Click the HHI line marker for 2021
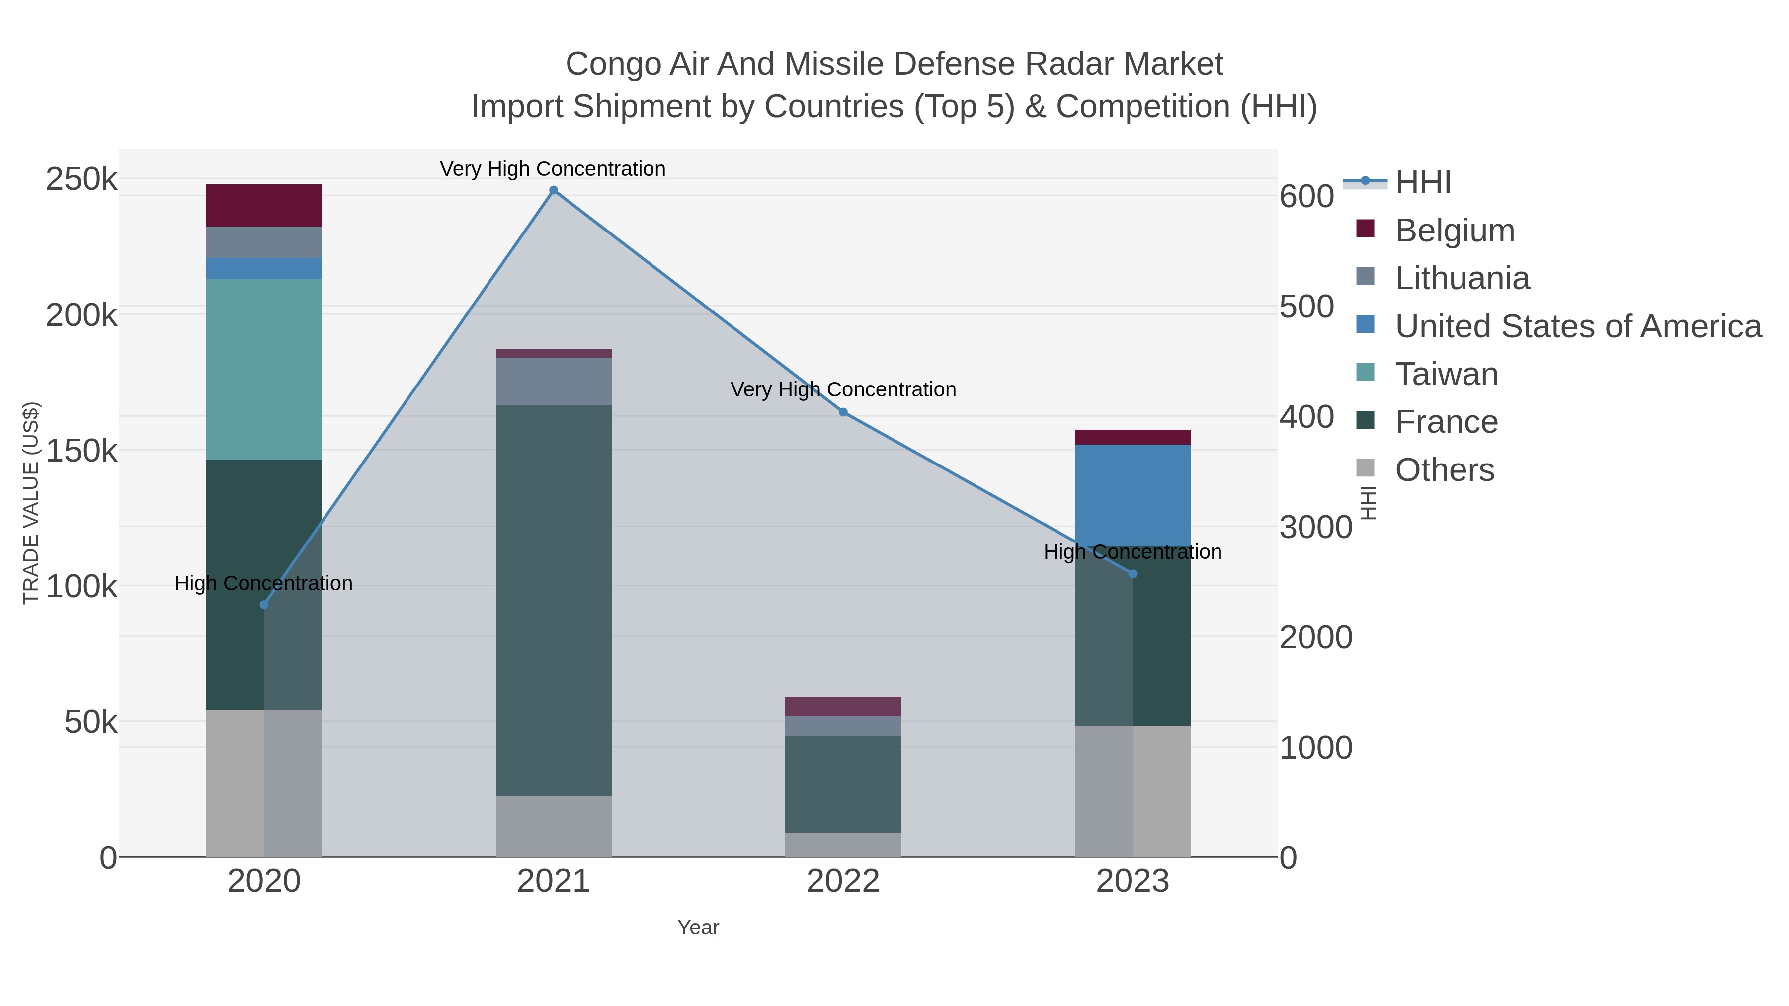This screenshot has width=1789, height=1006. click(x=554, y=190)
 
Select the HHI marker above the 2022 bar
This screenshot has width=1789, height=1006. click(x=843, y=412)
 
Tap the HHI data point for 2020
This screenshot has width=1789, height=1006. click(x=264, y=605)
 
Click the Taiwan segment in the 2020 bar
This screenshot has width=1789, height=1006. click(x=264, y=369)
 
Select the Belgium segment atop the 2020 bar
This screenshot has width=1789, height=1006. click(x=264, y=206)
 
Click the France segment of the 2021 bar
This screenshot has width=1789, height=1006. click(x=554, y=601)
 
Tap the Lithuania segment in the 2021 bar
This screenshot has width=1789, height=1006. click(x=554, y=381)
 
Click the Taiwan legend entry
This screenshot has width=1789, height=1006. click(x=1447, y=374)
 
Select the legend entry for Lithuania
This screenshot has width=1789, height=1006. click(x=1462, y=278)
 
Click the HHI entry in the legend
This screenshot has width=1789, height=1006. click(x=1423, y=183)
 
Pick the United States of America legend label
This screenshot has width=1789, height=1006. click(x=1578, y=326)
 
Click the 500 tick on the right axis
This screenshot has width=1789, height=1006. click(x=1307, y=307)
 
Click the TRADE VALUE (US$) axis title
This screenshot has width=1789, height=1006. click(x=31, y=503)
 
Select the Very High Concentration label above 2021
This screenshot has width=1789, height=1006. click(x=553, y=169)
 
